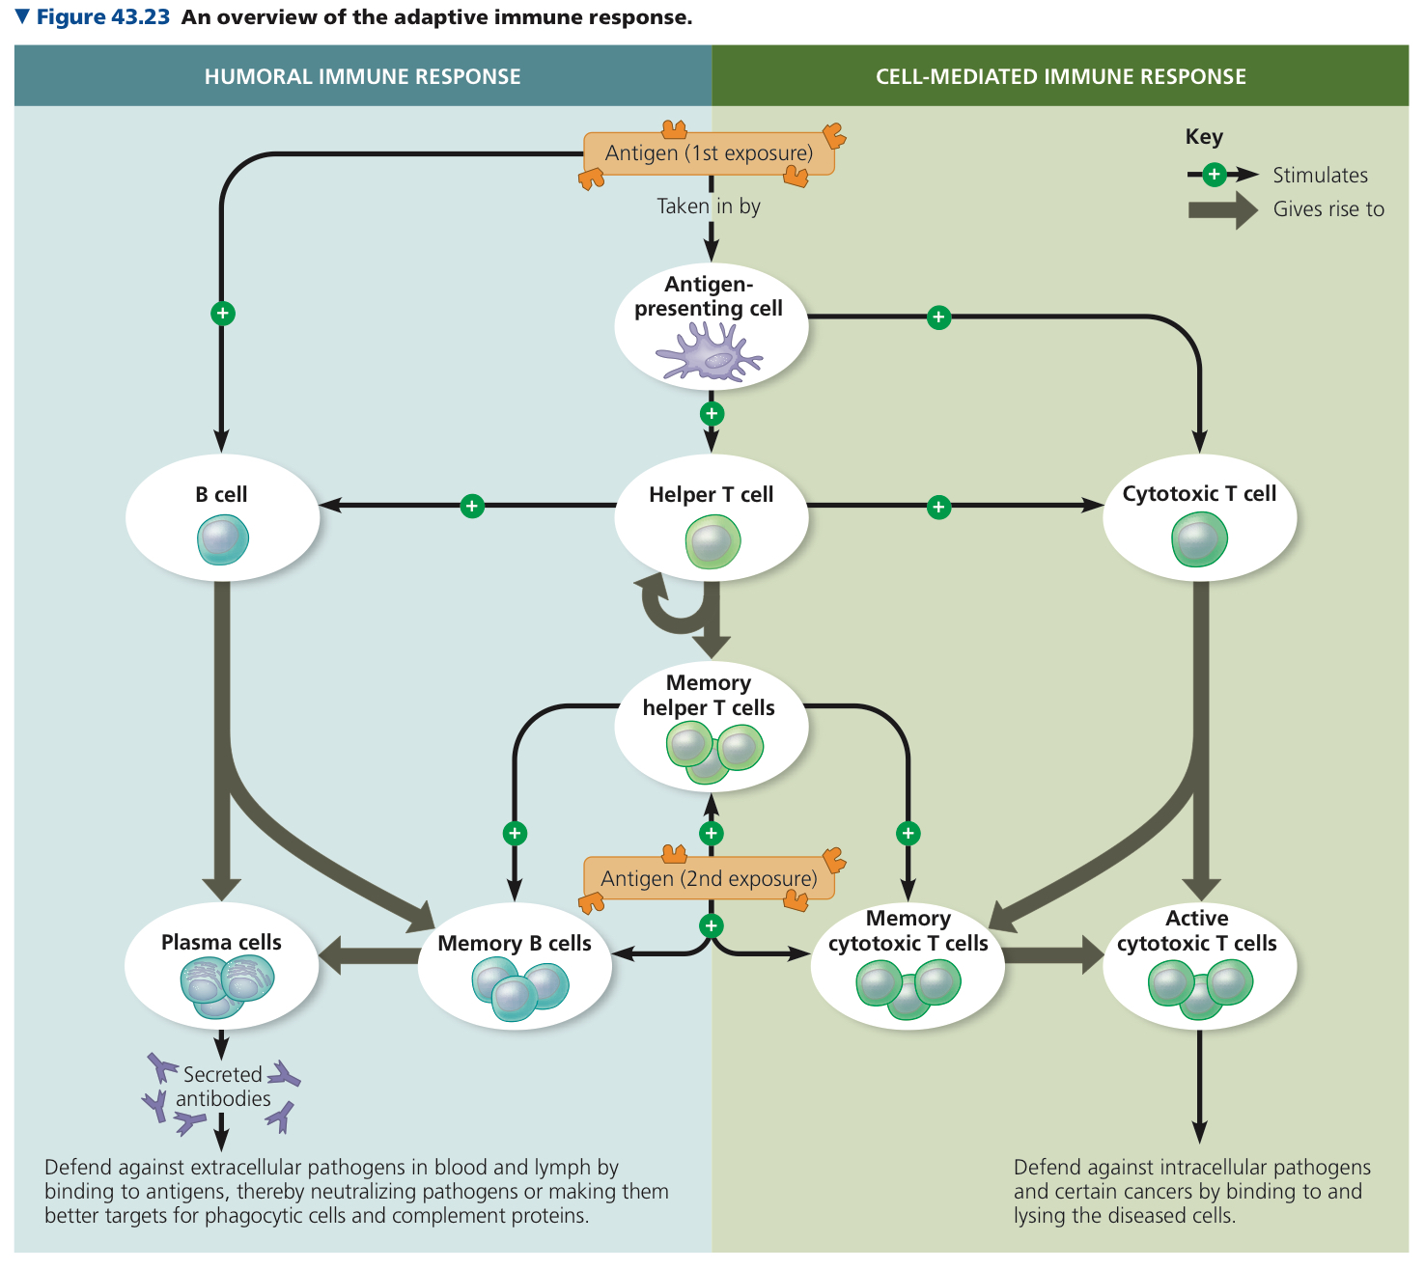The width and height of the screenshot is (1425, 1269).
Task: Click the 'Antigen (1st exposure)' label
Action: tap(709, 152)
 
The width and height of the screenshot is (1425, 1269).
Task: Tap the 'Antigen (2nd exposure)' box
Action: tap(709, 878)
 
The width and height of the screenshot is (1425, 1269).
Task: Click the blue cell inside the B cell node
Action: tap(222, 539)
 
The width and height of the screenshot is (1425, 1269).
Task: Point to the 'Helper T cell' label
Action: tap(711, 494)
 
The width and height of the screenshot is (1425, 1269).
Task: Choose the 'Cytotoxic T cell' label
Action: tap(1198, 493)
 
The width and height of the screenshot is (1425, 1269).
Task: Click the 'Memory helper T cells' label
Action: tap(709, 695)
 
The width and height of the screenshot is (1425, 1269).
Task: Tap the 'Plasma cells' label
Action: tap(221, 942)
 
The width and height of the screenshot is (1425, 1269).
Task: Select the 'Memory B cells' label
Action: tap(515, 943)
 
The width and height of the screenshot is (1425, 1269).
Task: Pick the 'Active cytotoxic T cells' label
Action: tap(1196, 930)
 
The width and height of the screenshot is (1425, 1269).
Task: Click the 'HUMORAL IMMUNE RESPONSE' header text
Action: tap(362, 76)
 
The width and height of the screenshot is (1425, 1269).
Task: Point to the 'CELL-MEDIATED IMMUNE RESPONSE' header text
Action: tap(1061, 76)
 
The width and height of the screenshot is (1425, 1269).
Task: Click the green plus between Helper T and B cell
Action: tap(472, 506)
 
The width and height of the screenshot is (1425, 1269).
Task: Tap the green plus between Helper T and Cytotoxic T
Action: tap(938, 507)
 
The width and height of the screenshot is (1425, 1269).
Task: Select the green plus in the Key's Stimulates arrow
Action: tap(1214, 175)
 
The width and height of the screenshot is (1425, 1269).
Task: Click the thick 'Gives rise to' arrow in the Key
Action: tap(1222, 210)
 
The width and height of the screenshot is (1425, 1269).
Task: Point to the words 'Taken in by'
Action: tap(709, 207)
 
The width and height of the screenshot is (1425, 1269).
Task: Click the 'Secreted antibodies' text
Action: tap(222, 1087)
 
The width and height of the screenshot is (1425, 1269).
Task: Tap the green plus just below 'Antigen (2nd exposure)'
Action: tap(712, 925)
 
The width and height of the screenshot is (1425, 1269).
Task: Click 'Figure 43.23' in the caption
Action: tap(102, 16)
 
